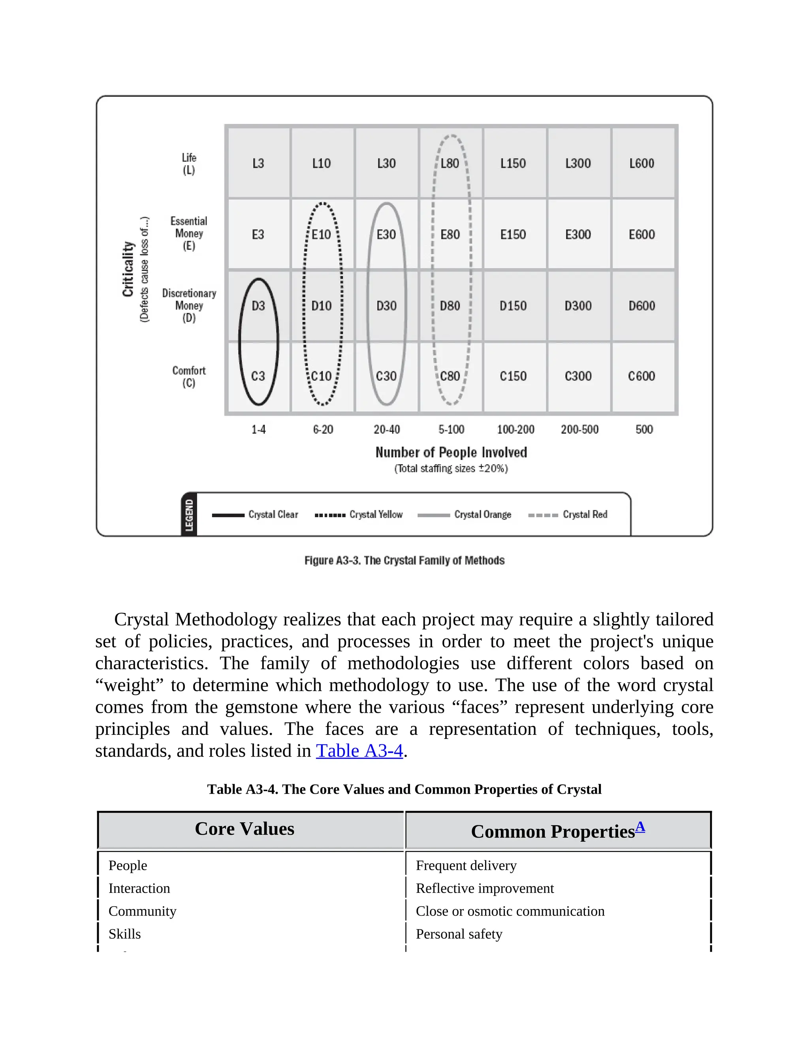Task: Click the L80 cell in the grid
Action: pos(450,164)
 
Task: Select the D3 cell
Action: pos(258,306)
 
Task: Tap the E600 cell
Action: pos(642,234)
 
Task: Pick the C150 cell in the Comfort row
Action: pos(513,376)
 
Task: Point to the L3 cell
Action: pos(258,164)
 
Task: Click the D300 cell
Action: pos(578,306)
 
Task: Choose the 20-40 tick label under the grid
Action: pos(387,429)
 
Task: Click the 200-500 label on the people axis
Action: pos(579,429)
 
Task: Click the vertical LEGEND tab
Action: pos(189,515)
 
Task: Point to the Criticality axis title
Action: pos(128,269)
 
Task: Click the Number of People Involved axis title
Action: pos(451,452)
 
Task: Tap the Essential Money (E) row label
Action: pos(189,234)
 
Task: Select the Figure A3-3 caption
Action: pos(404,560)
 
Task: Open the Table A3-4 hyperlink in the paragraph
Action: pos(359,751)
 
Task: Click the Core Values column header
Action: pos(245,829)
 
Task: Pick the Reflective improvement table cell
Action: pos(485,888)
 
